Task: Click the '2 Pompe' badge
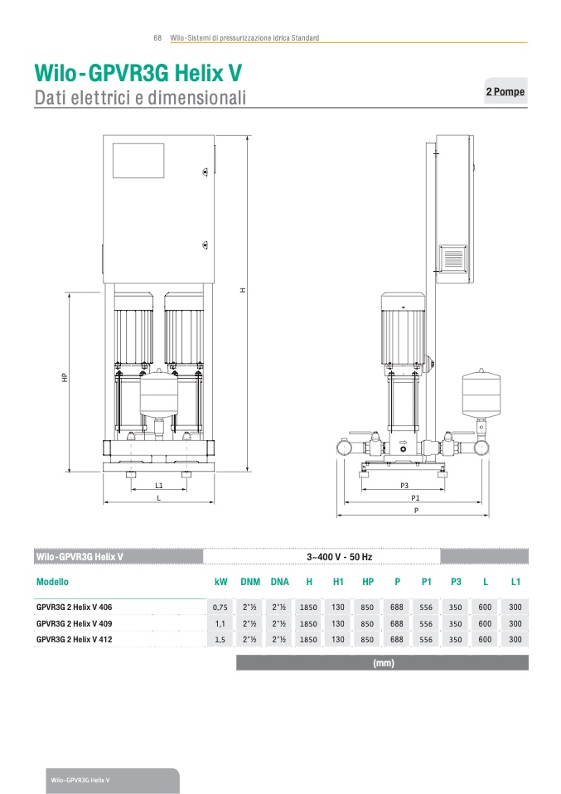505,91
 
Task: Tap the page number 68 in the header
157,38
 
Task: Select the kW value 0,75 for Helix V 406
220,608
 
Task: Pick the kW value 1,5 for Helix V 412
220,640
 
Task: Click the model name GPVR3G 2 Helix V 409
75,623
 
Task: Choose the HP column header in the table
368,582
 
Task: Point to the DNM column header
250,582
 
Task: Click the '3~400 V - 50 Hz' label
339,557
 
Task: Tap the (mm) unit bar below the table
383,663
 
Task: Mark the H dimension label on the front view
243,290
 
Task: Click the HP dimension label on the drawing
65,378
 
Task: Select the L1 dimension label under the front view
159,486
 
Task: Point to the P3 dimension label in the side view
404,486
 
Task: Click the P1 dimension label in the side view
415,498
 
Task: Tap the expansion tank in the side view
481,393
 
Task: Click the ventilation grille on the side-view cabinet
453,259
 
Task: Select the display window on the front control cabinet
138,161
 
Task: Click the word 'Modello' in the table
52,582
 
